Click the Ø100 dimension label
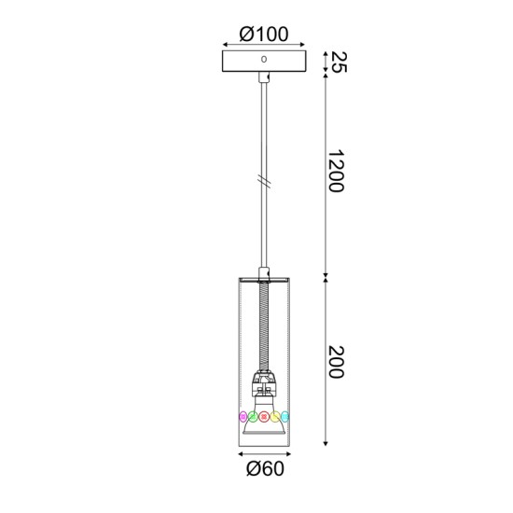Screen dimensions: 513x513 click(x=264, y=34)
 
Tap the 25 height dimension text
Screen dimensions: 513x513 click(x=339, y=62)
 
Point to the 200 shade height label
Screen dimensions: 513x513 click(x=337, y=362)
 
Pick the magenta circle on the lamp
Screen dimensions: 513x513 click(x=243, y=416)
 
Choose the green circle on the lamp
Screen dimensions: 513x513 click(x=254, y=416)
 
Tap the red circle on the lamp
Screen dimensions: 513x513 click(x=265, y=416)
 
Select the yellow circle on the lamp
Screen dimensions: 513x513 click(x=276, y=416)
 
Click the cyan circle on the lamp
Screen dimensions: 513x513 click(x=286, y=416)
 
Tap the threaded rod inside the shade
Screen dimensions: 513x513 click(x=264, y=326)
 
